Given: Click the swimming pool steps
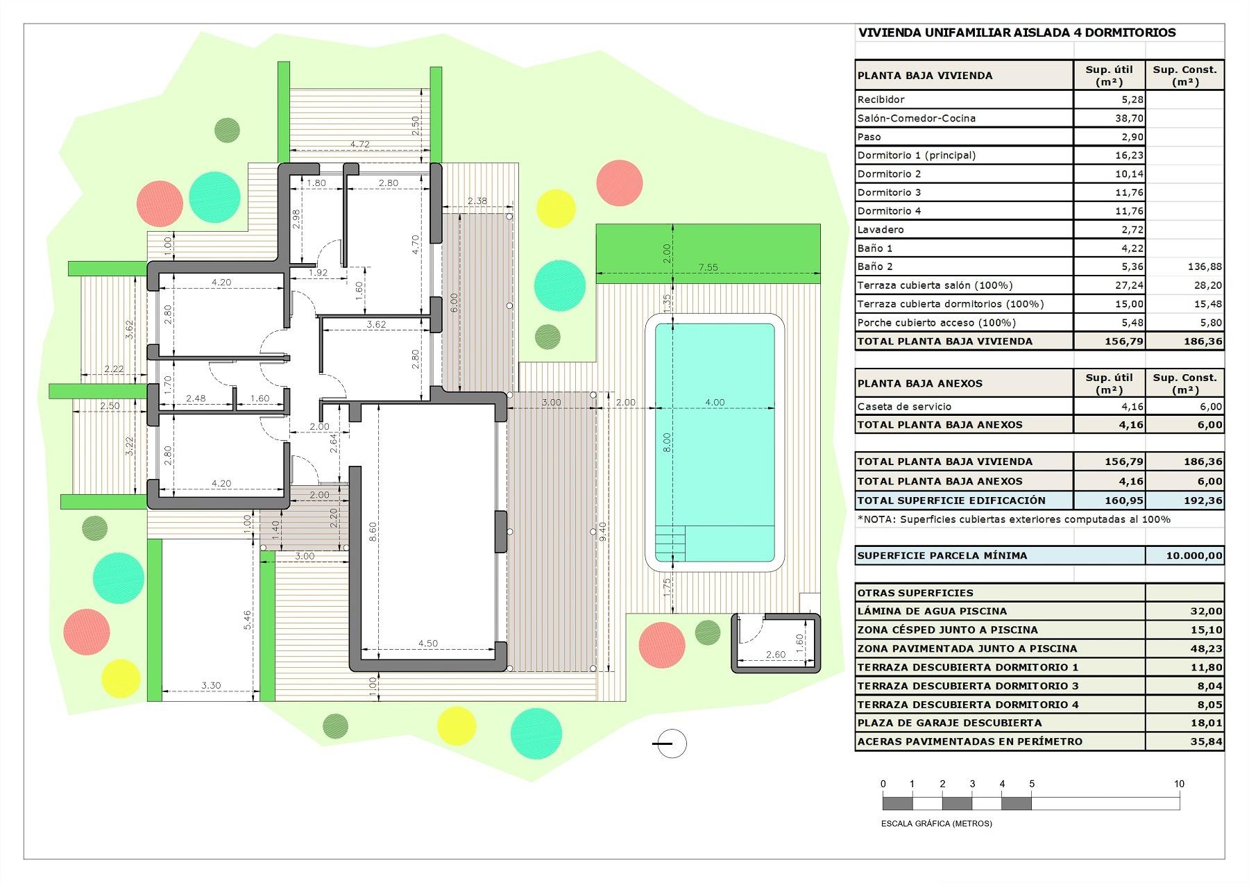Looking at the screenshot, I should click(670, 543).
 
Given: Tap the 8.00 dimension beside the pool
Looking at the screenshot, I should click(667, 441).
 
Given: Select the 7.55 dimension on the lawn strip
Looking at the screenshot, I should click(708, 267).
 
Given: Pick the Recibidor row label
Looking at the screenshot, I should click(881, 99).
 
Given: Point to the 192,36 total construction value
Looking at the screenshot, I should click(1205, 500).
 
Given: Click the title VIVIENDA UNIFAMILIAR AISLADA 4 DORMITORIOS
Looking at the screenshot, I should click(1017, 33).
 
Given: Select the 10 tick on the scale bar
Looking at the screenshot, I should click(1179, 784).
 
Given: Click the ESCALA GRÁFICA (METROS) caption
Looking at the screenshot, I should click(936, 823).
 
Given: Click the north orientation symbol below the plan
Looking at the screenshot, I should click(670, 743).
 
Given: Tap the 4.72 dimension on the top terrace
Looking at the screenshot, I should click(359, 144).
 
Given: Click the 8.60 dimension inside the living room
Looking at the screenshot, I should click(373, 532).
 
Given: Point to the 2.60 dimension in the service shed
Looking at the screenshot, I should click(775, 654).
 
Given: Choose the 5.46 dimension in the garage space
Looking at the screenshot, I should click(248, 619).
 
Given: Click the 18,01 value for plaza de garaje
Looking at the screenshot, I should click(1205, 723).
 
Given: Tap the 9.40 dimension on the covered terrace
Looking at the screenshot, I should click(602, 532).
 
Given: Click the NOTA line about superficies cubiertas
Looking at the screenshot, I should click(1014, 519).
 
